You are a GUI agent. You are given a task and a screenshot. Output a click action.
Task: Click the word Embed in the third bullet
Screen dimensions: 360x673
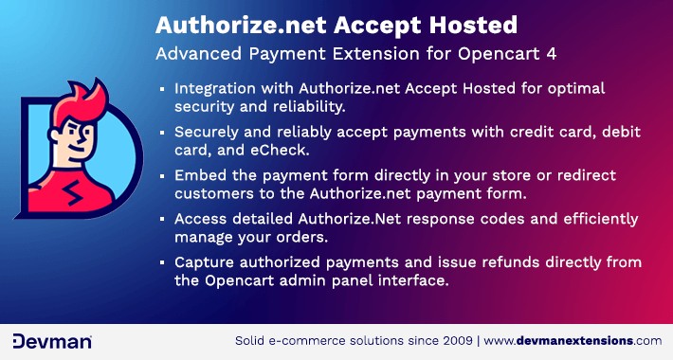coord(197,175)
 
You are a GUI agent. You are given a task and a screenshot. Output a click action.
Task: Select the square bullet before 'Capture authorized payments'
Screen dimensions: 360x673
coord(163,262)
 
